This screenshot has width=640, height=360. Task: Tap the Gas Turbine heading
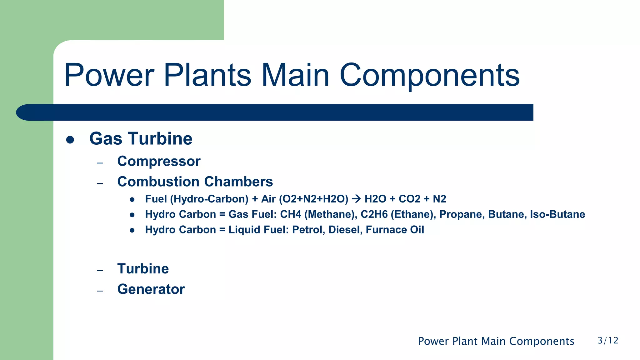point(141,138)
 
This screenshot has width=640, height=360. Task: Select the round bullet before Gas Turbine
point(70,140)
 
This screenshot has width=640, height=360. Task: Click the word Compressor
point(159,161)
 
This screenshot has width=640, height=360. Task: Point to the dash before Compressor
point(100,163)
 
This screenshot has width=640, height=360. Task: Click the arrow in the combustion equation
point(356,199)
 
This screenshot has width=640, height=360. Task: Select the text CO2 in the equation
point(409,199)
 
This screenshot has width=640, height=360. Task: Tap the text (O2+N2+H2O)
point(313,199)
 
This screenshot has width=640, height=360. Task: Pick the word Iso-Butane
point(557,214)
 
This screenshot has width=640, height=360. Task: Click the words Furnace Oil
point(395,230)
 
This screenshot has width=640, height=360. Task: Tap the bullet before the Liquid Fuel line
point(132,231)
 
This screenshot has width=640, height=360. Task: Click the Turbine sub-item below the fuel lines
point(143,269)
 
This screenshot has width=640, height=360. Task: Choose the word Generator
point(151,289)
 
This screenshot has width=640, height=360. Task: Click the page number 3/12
point(608,341)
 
